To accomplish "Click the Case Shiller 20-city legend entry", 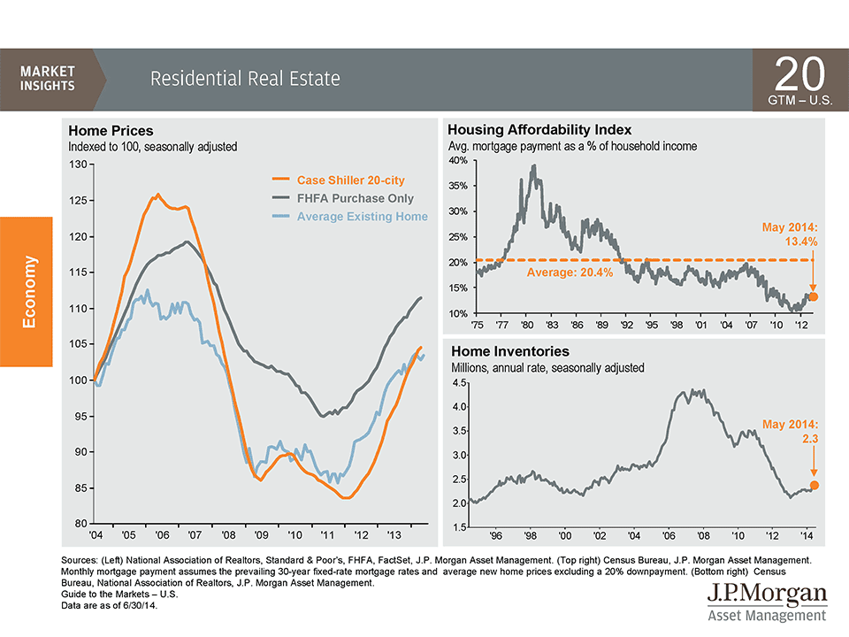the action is pos(339,180).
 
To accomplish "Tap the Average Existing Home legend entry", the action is pos(350,217).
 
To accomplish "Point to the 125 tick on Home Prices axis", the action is pos(78,201).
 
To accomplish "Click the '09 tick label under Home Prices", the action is pos(262,535).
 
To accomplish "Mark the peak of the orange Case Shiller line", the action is pos(157,194).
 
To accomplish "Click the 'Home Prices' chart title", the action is pos(111,131).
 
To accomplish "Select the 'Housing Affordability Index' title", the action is pos(539,129).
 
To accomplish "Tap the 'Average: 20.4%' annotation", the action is pos(570,272).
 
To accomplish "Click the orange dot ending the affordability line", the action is pos(813,297).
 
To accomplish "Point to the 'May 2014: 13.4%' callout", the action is pos(790,234).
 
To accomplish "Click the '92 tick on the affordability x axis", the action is pos(626,325).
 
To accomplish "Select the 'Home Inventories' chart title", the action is pos(510,351).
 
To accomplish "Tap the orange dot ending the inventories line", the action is pos(814,486).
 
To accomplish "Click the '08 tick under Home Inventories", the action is pos(703,536).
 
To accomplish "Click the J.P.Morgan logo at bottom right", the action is pos(768,602).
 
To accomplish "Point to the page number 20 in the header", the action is pos(799,73).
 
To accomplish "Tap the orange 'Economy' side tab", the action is pos(27,291).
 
